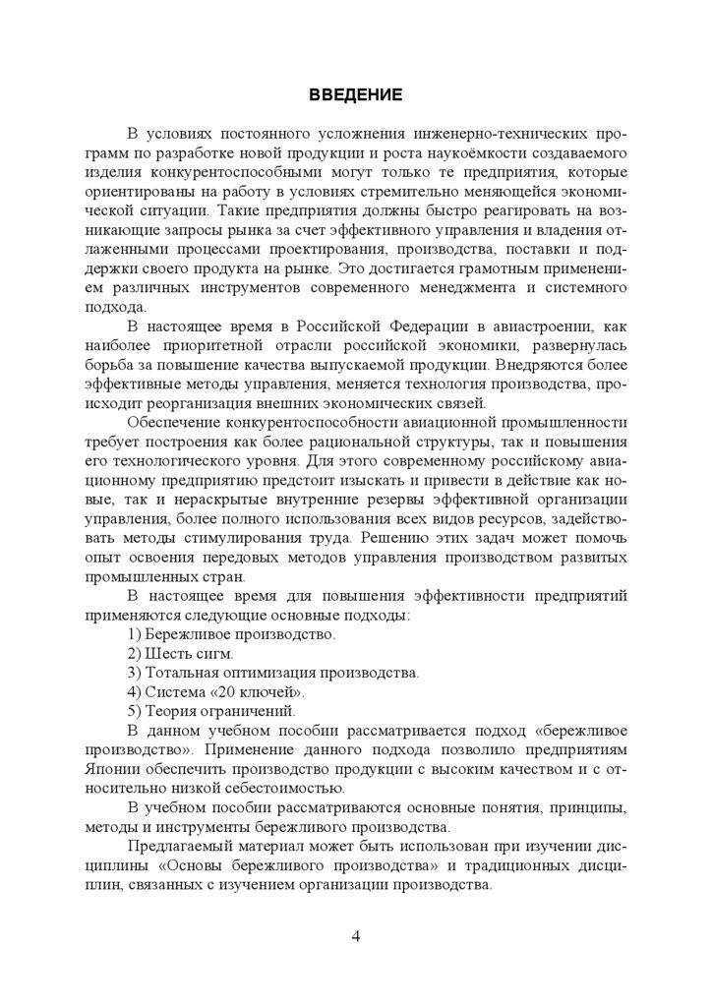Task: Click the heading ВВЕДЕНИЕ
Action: (355, 95)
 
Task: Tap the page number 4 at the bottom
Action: (356, 935)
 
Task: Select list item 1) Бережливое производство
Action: (232, 634)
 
